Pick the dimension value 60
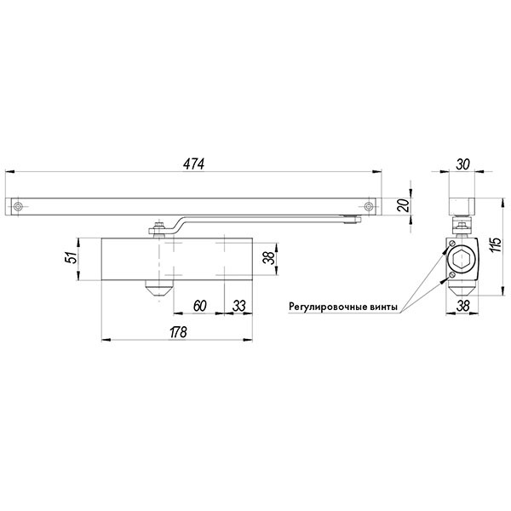tap(198, 305)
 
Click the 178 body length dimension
tap(177, 334)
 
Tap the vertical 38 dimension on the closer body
tap(267, 256)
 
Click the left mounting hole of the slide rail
tap(17, 207)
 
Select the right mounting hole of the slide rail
tap(368, 207)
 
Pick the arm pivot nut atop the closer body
tap(156, 227)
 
